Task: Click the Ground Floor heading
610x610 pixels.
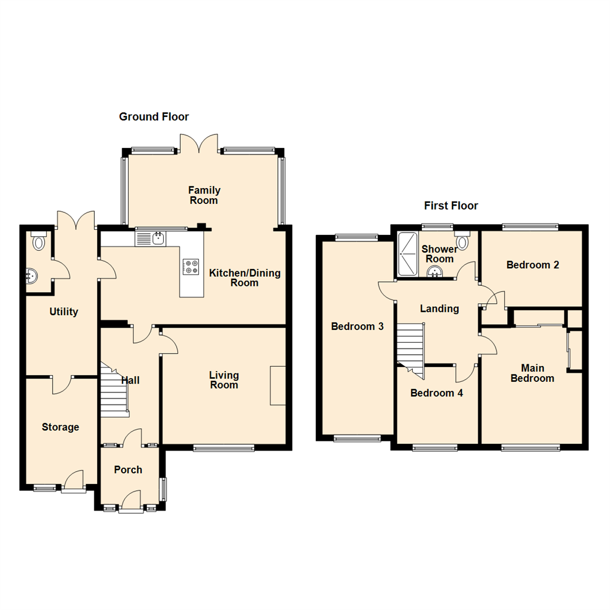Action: (x=154, y=117)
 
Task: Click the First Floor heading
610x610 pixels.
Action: (x=451, y=206)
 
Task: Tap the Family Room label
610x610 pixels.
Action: (x=204, y=195)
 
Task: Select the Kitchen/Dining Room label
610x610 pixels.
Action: (x=245, y=278)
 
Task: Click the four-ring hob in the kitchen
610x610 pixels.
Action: (x=191, y=266)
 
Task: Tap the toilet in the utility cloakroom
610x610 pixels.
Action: (x=38, y=242)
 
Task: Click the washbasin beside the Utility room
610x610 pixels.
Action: (x=32, y=276)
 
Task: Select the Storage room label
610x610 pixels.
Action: (x=60, y=428)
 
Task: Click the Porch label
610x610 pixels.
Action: (x=128, y=470)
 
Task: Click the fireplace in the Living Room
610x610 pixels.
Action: (x=278, y=385)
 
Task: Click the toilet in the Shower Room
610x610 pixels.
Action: (x=463, y=241)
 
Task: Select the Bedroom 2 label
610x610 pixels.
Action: (x=533, y=265)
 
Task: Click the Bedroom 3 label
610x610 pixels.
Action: (x=358, y=326)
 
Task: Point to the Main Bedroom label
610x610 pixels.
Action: (x=532, y=373)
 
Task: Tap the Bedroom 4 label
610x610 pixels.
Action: (x=437, y=393)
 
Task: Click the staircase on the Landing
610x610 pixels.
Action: (x=411, y=345)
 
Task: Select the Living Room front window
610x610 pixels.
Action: (x=224, y=448)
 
